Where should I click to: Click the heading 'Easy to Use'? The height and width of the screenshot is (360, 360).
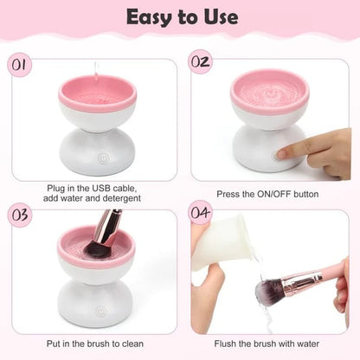pyautogui.click(x=179, y=16)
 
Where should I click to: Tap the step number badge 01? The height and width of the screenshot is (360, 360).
pyautogui.click(x=20, y=63)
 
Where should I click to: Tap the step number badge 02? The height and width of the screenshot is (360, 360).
pyautogui.click(x=201, y=63)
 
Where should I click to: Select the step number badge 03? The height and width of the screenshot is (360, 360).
pyautogui.click(x=20, y=215)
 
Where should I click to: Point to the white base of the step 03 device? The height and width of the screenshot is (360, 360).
pyautogui.click(x=96, y=303)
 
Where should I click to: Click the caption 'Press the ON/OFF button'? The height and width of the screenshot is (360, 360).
pyautogui.click(x=270, y=194)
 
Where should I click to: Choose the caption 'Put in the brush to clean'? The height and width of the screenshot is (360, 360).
pyautogui.click(x=96, y=344)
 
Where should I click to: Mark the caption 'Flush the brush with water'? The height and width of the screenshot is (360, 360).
pyautogui.click(x=270, y=344)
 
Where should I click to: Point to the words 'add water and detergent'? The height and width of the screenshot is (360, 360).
pyautogui.click(x=95, y=199)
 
